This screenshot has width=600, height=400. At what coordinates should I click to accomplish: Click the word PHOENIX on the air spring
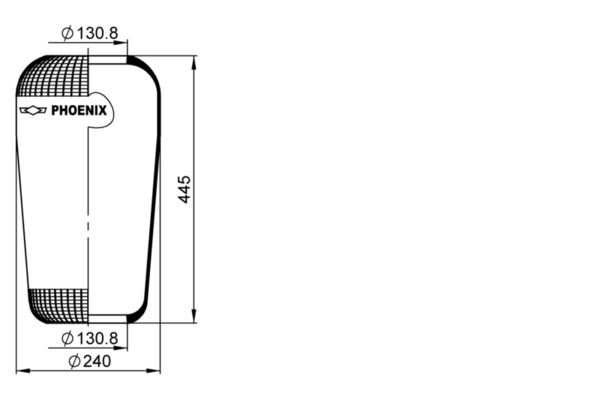tap(79, 110)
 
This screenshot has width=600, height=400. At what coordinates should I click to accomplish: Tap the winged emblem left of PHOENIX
tap(33, 110)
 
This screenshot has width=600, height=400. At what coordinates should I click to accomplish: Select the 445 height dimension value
tap(184, 189)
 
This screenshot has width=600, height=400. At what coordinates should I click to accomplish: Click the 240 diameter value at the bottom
tap(95, 361)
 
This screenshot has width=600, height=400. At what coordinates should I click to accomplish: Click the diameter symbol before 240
tap(74, 361)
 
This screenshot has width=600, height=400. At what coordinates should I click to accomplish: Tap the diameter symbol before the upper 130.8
tap(67, 33)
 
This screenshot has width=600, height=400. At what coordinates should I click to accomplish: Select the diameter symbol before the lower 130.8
tap(67, 339)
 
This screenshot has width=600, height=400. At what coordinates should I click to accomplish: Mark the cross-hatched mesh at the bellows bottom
tap(60, 305)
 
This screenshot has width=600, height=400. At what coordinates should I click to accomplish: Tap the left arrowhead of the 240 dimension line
tap(21, 371)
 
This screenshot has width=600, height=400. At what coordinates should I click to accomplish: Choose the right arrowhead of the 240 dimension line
tap(156, 371)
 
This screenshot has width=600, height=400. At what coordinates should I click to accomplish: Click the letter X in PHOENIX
tap(102, 110)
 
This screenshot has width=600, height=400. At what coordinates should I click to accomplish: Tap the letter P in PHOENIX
tap(56, 110)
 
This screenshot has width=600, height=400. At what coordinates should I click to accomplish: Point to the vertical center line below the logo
tap(88, 220)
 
